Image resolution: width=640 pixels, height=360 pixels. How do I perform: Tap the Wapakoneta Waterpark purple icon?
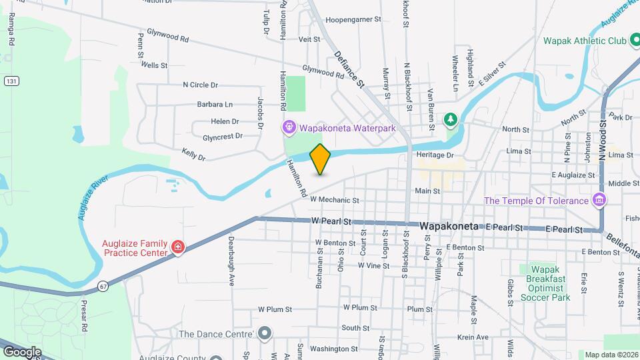289,127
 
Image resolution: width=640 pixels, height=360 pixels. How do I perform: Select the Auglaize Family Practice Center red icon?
177,247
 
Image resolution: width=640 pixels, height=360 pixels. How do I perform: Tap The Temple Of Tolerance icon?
599,200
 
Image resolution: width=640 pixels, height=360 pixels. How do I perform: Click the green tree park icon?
451,119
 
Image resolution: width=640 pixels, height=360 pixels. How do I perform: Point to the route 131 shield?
11,81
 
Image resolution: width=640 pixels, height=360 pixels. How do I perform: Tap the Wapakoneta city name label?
449,227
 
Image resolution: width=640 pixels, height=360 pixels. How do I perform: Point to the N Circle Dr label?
201,85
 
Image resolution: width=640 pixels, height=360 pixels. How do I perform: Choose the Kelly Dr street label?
193,154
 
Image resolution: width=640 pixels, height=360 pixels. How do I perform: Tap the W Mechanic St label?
335,199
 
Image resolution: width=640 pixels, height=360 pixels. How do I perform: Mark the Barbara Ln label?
215,104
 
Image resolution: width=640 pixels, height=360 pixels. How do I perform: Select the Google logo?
22,351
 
